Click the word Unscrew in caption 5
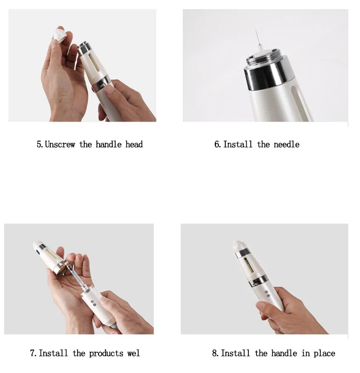click(60, 144)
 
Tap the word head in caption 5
click(134, 144)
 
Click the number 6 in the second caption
click(217, 144)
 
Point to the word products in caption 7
click(106, 353)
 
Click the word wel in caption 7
click(134, 353)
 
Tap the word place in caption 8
click(325, 353)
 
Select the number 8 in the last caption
click(214, 353)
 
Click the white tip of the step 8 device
click(237, 246)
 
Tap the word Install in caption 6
click(238, 144)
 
